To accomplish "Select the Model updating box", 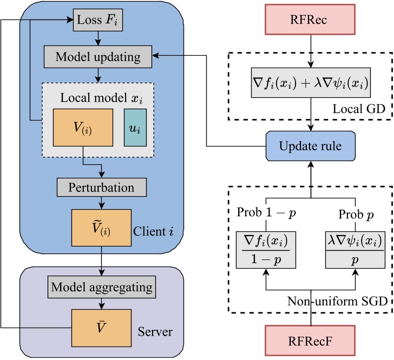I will [x=98, y=56].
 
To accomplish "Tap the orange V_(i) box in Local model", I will [x=83, y=128].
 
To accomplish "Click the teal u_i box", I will [x=135, y=128].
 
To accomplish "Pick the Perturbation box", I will [x=102, y=188].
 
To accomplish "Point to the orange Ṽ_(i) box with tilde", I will [x=102, y=228].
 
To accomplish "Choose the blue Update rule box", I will [x=311, y=146].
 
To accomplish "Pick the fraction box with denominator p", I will [x=355, y=249].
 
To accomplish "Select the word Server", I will [x=155, y=330].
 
